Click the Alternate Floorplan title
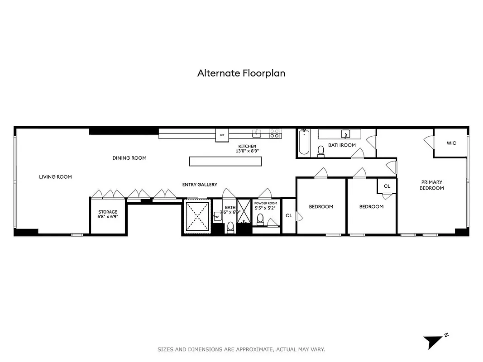[241, 73]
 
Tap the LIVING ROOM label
[55, 177]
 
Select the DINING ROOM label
[129, 158]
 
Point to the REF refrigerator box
[222, 135]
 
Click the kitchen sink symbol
[257, 133]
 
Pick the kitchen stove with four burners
[275, 133]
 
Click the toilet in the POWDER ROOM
[260, 219]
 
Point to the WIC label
[451, 143]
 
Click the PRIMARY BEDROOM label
[431, 185]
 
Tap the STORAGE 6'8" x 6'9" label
[108, 214]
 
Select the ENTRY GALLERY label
[200, 185]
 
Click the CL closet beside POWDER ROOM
[289, 216]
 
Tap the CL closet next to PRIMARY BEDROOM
[387, 186]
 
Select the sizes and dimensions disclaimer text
[241, 349]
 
